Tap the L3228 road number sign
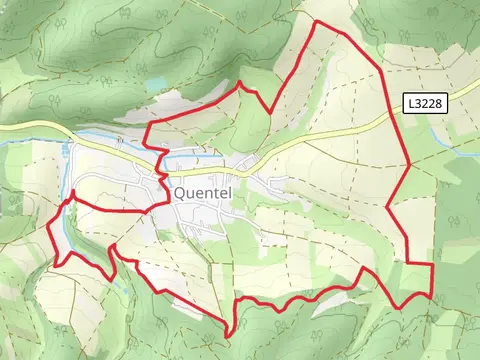tap(425, 103)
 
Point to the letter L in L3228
tap(410, 103)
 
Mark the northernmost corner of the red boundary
tap(317, 22)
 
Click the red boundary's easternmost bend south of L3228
tap(410, 164)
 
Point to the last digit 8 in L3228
tap(441, 103)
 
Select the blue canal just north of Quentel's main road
tap(190, 159)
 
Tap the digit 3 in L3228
tap(418, 103)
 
